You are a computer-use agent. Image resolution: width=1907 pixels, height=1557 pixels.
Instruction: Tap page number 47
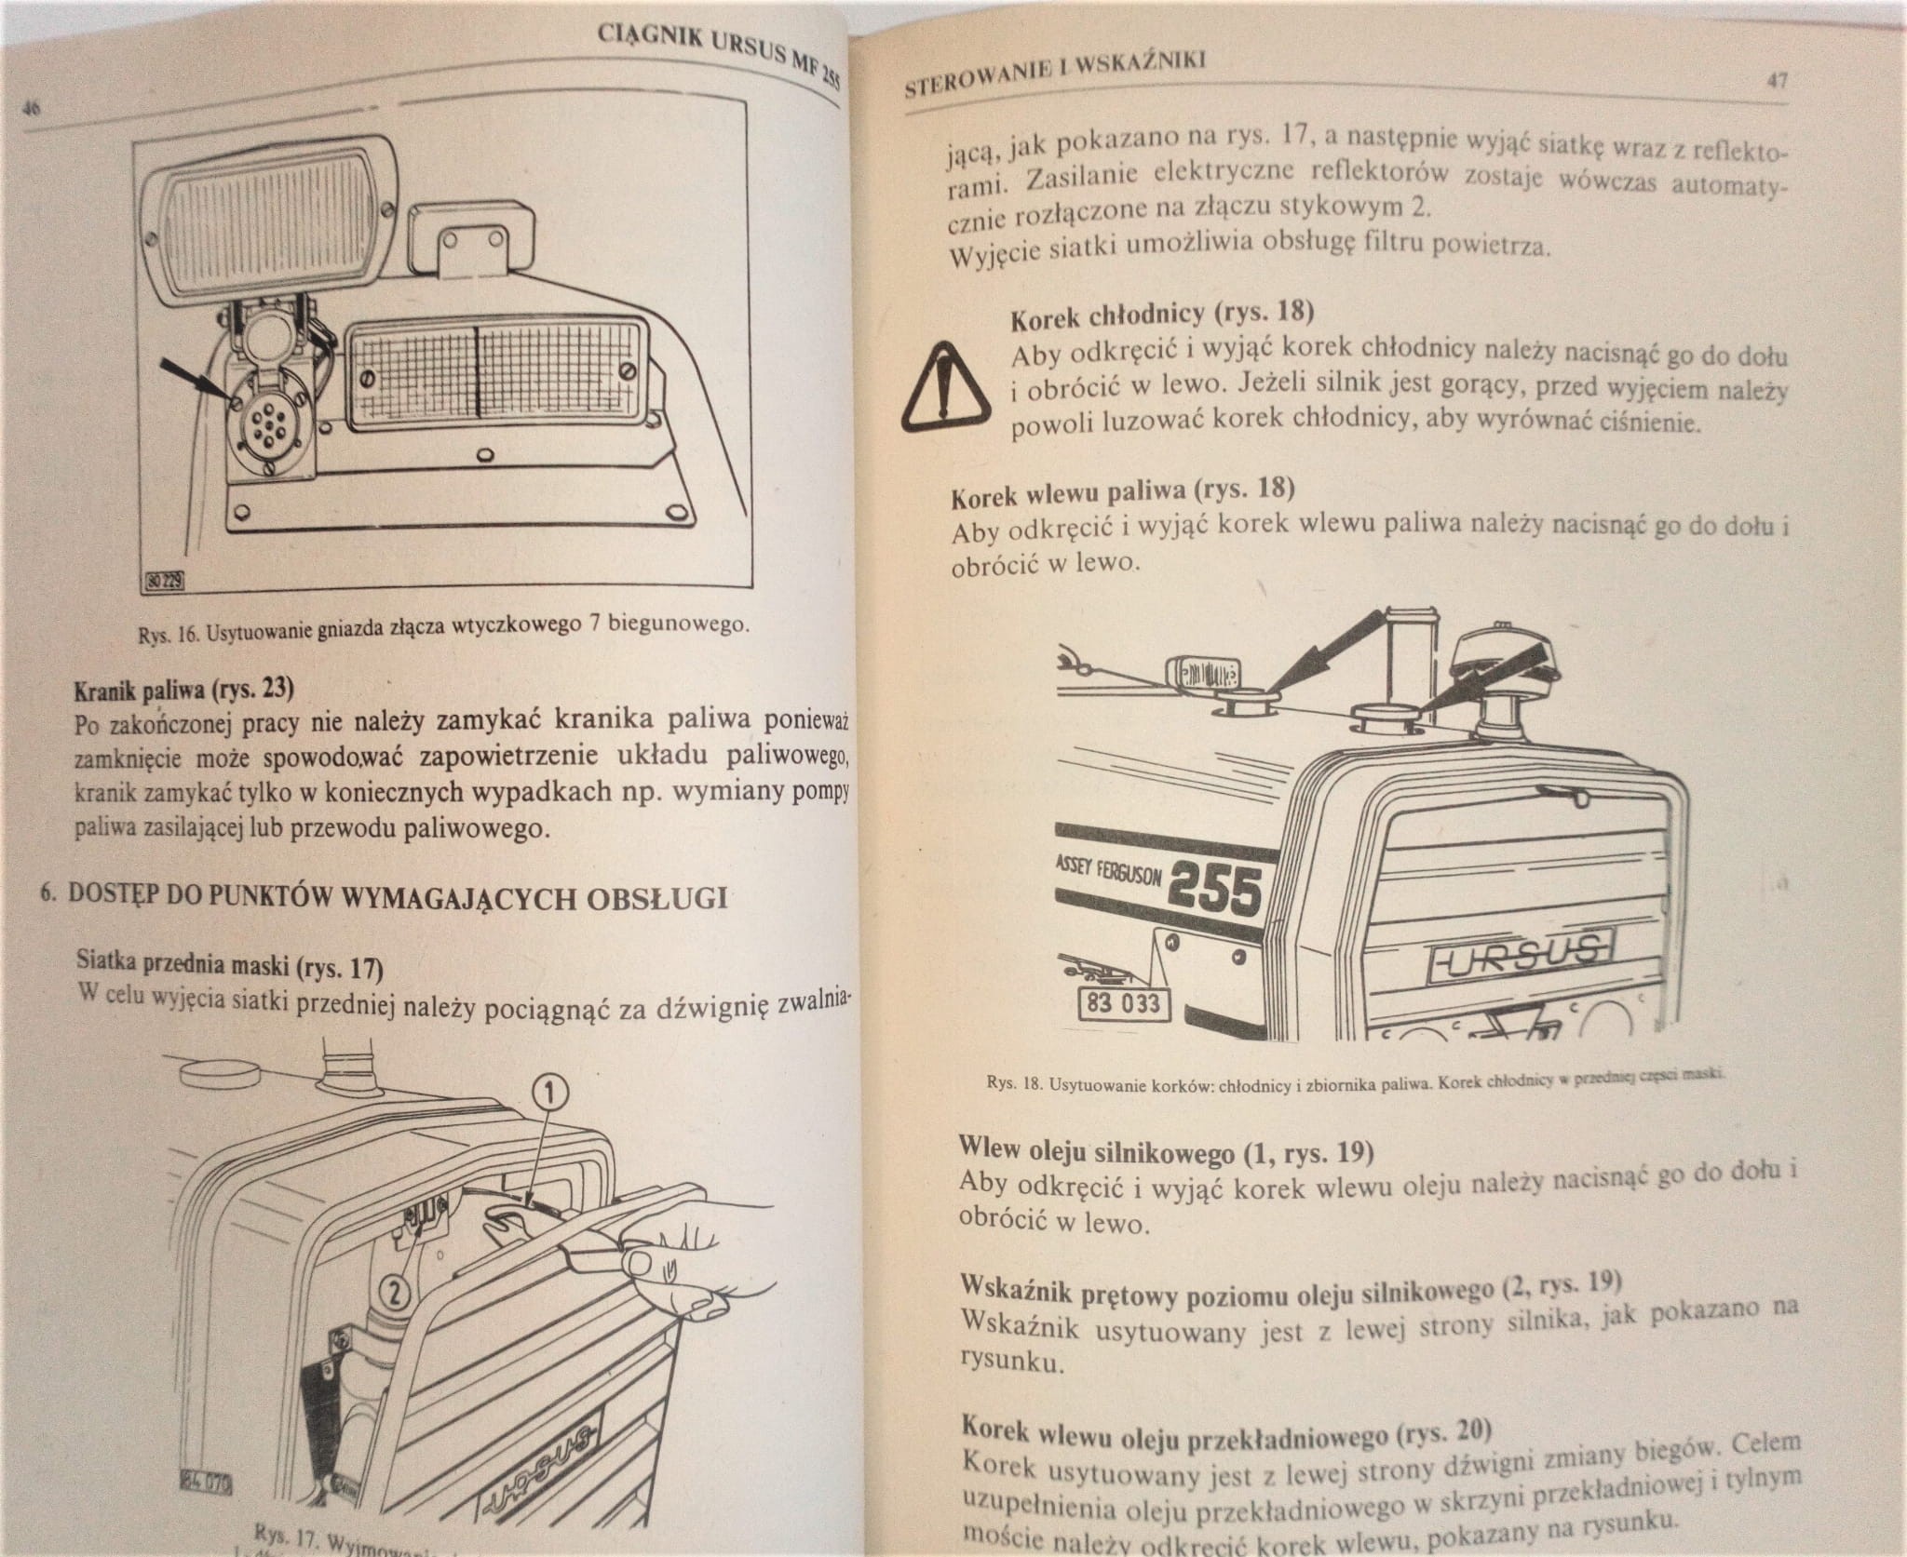tap(1776, 80)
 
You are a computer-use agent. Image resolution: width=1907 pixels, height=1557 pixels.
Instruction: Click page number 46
tap(31, 108)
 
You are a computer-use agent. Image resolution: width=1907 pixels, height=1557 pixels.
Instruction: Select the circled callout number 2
tap(395, 1291)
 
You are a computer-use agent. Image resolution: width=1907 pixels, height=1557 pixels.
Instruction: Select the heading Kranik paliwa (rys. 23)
tap(183, 690)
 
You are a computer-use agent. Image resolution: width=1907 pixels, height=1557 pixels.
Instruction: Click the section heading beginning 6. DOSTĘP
tap(384, 897)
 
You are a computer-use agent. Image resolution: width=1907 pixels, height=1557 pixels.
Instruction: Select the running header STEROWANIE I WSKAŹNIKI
tap(1056, 74)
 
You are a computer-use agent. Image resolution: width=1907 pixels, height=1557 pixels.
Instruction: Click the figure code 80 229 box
tap(164, 582)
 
